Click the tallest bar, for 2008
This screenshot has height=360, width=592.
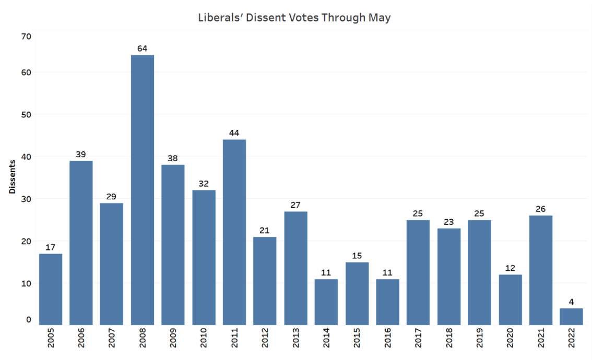143,190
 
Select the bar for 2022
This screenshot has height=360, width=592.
572,317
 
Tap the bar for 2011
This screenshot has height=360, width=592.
234,232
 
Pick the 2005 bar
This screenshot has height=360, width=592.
51,289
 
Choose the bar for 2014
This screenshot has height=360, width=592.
326,302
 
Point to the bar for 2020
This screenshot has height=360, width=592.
510,300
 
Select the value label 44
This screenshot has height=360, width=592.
234,133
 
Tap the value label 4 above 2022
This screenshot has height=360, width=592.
572,302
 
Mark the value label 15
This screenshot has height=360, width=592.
357,256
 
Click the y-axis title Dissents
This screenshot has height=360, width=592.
11,176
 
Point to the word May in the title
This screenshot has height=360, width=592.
380,18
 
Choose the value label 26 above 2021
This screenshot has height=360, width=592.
541,209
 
